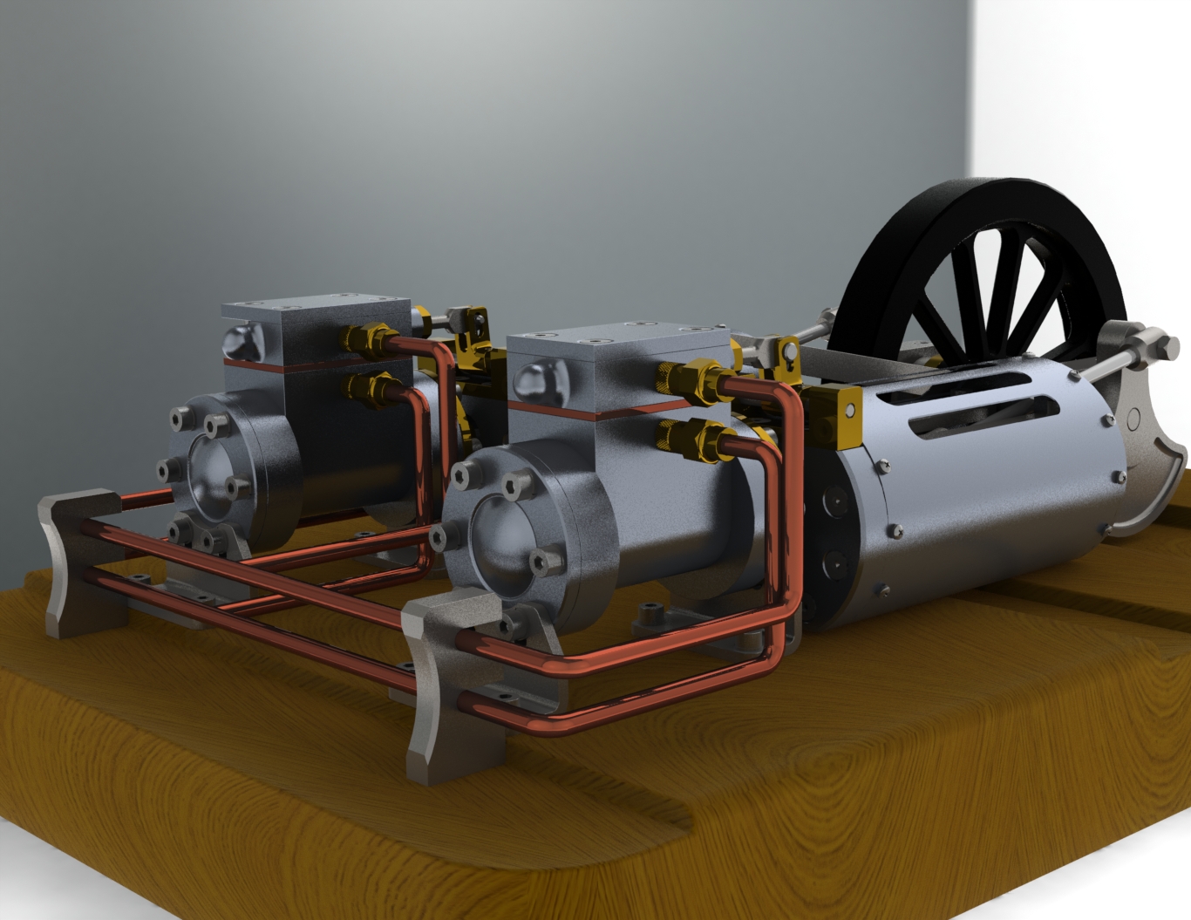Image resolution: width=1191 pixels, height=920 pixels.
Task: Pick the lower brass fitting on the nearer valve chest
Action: (693, 438)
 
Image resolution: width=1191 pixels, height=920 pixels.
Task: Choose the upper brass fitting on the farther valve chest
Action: (366, 337)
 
